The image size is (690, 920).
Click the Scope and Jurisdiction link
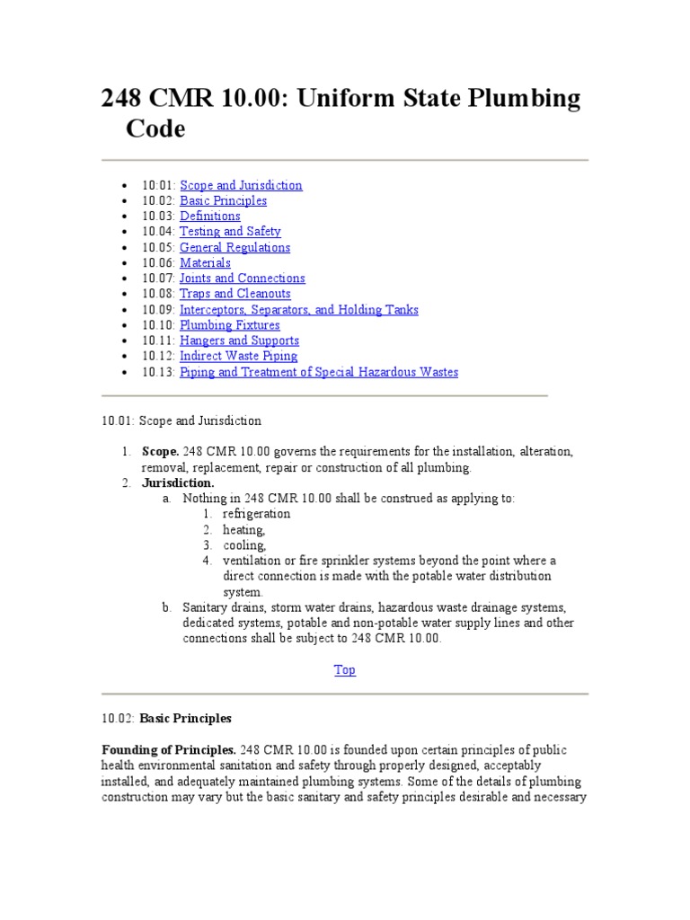[x=241, y=185]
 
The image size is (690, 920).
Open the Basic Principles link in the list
[x=223, y=200]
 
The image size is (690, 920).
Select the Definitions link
[x=210, y=216]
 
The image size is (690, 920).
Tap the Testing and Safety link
[x=230, y=231]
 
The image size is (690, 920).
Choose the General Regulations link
[x=234, y=247]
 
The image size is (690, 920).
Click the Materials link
[x=205, y=262]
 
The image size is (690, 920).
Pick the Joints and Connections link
[x=242, y=279]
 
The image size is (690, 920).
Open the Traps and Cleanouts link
[x=234, y=294]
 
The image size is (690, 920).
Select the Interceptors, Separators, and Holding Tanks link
[x=298, y=310]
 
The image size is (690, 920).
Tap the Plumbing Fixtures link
[x=229, y=325]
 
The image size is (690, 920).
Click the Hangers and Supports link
[x=239, y=341]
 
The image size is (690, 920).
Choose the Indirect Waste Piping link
[x=238, y=357]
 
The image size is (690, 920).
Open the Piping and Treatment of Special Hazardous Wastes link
[x=318, y=372]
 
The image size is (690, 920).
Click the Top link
[x=345, y=669]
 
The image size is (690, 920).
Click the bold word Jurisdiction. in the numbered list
[x=178, y=482]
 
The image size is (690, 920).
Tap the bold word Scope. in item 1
[x=160, y=451]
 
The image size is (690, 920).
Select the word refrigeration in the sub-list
[x=257, y=514]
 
